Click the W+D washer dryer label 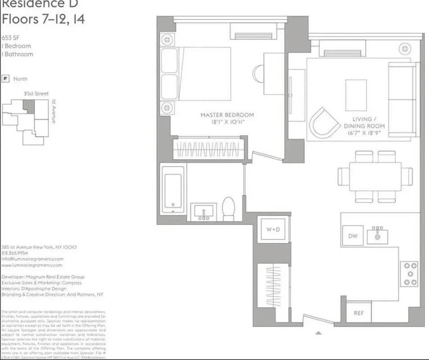273,229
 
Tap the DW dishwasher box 352,236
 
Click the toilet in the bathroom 229,209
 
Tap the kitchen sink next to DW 377,235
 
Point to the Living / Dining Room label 364,126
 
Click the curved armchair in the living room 325,121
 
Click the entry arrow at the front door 318,333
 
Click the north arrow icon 5,79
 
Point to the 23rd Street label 36,94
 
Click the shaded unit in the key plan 29,107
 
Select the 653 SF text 10,37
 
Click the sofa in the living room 402,100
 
